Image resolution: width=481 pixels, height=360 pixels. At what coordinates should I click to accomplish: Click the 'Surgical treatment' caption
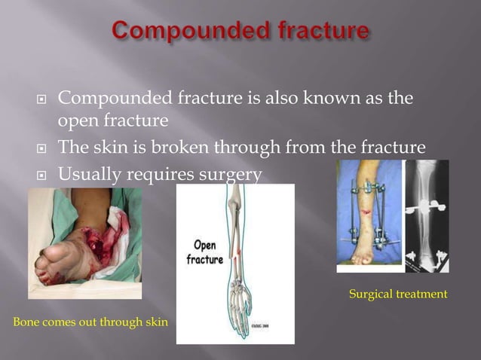[x=398, y=294]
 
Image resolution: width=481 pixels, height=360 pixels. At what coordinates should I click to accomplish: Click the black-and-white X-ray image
[x=427, y=216]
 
